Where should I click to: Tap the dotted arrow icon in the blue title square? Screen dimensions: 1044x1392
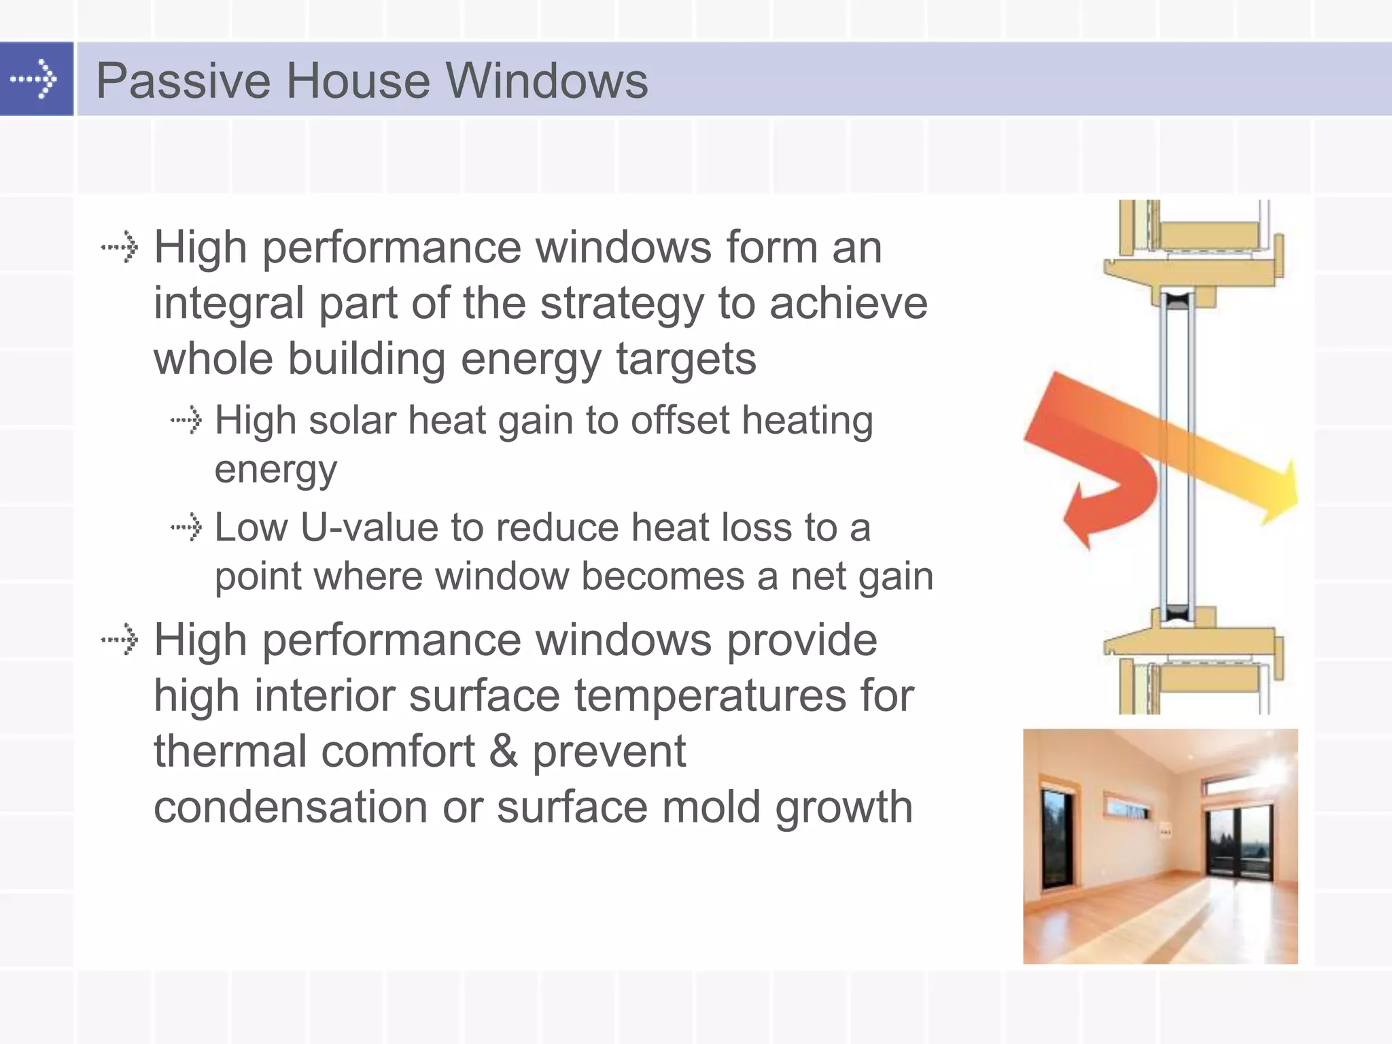coord(34,79)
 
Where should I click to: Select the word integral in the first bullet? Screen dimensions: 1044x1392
coord(228,303)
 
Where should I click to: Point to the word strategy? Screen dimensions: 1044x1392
coord(621,304)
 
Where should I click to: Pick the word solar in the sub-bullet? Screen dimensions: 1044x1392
coord(351,420)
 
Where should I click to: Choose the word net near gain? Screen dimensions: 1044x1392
coord(816,576)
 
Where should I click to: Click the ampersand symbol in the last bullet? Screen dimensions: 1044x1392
coord(503,752)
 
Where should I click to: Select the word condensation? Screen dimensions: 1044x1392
coord(291,807)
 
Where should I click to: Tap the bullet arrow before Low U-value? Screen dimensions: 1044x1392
coord(186,527)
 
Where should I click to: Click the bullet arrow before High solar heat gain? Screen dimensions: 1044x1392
coord(186,419)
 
